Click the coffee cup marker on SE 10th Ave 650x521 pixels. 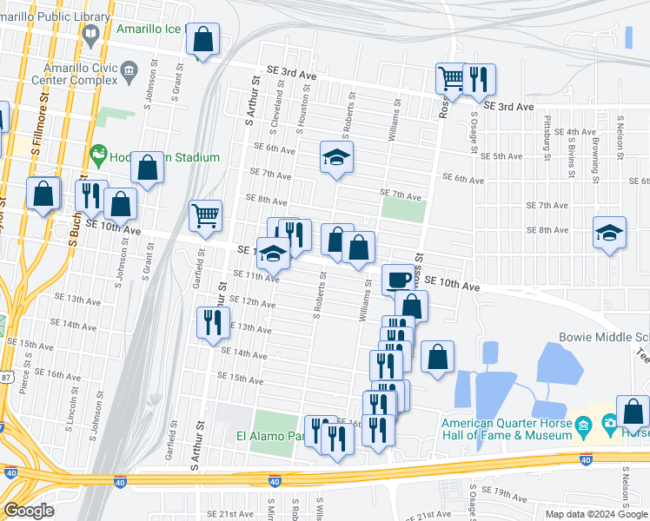(399, 279)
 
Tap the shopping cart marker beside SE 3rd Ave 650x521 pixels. (452, 79)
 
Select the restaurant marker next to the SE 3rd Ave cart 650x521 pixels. (479, 79)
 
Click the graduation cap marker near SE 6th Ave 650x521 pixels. (336, 157)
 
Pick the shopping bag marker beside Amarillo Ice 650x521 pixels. (202, 39)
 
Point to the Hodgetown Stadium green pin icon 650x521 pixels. (98, 155)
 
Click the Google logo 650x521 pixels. (29, 511)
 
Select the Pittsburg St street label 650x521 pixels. (547, 138)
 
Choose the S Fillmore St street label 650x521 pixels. (37, 132)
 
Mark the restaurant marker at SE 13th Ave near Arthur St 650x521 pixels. (213, 323)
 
